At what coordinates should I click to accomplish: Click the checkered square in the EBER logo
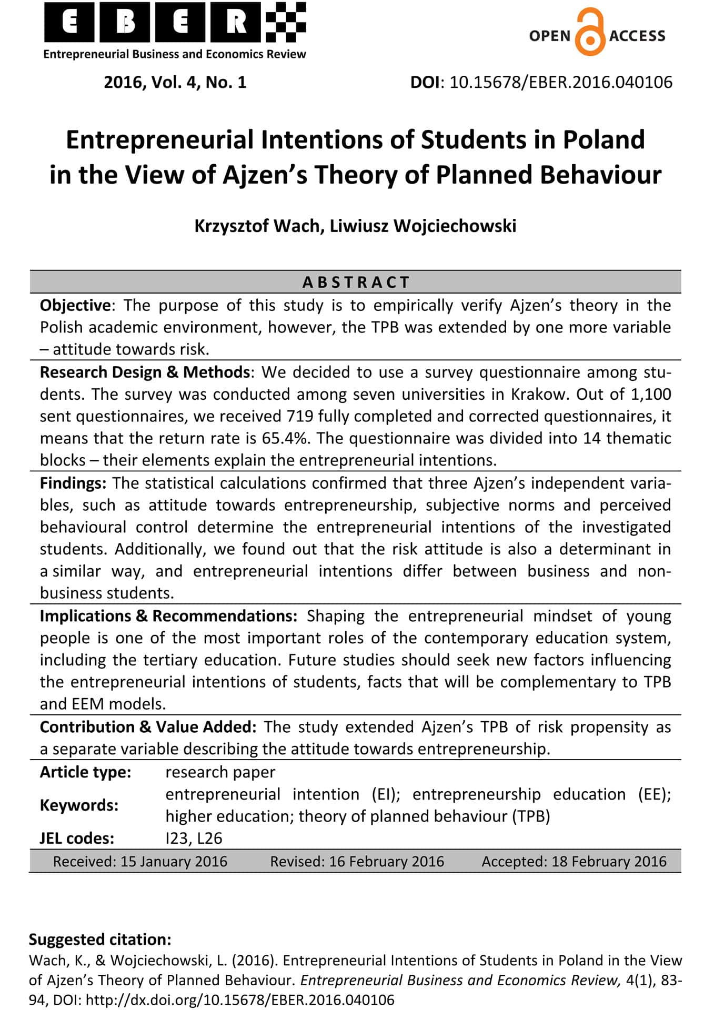(286, 23)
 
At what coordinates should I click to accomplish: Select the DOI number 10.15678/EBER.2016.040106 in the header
(561, 82)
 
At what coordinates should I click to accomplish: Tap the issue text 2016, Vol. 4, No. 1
(175, 82)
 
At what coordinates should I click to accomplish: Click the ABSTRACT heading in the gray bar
(356, 282)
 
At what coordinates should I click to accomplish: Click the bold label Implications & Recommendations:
(168, 615)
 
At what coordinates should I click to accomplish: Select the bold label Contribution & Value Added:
(148, 726)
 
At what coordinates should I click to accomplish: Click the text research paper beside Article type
(220, 772)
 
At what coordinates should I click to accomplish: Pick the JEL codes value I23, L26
(194, 837)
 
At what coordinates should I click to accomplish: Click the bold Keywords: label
(79, 805)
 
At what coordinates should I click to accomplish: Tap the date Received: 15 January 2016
(140, 861)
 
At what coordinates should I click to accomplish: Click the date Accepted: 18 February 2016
(574, 861)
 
